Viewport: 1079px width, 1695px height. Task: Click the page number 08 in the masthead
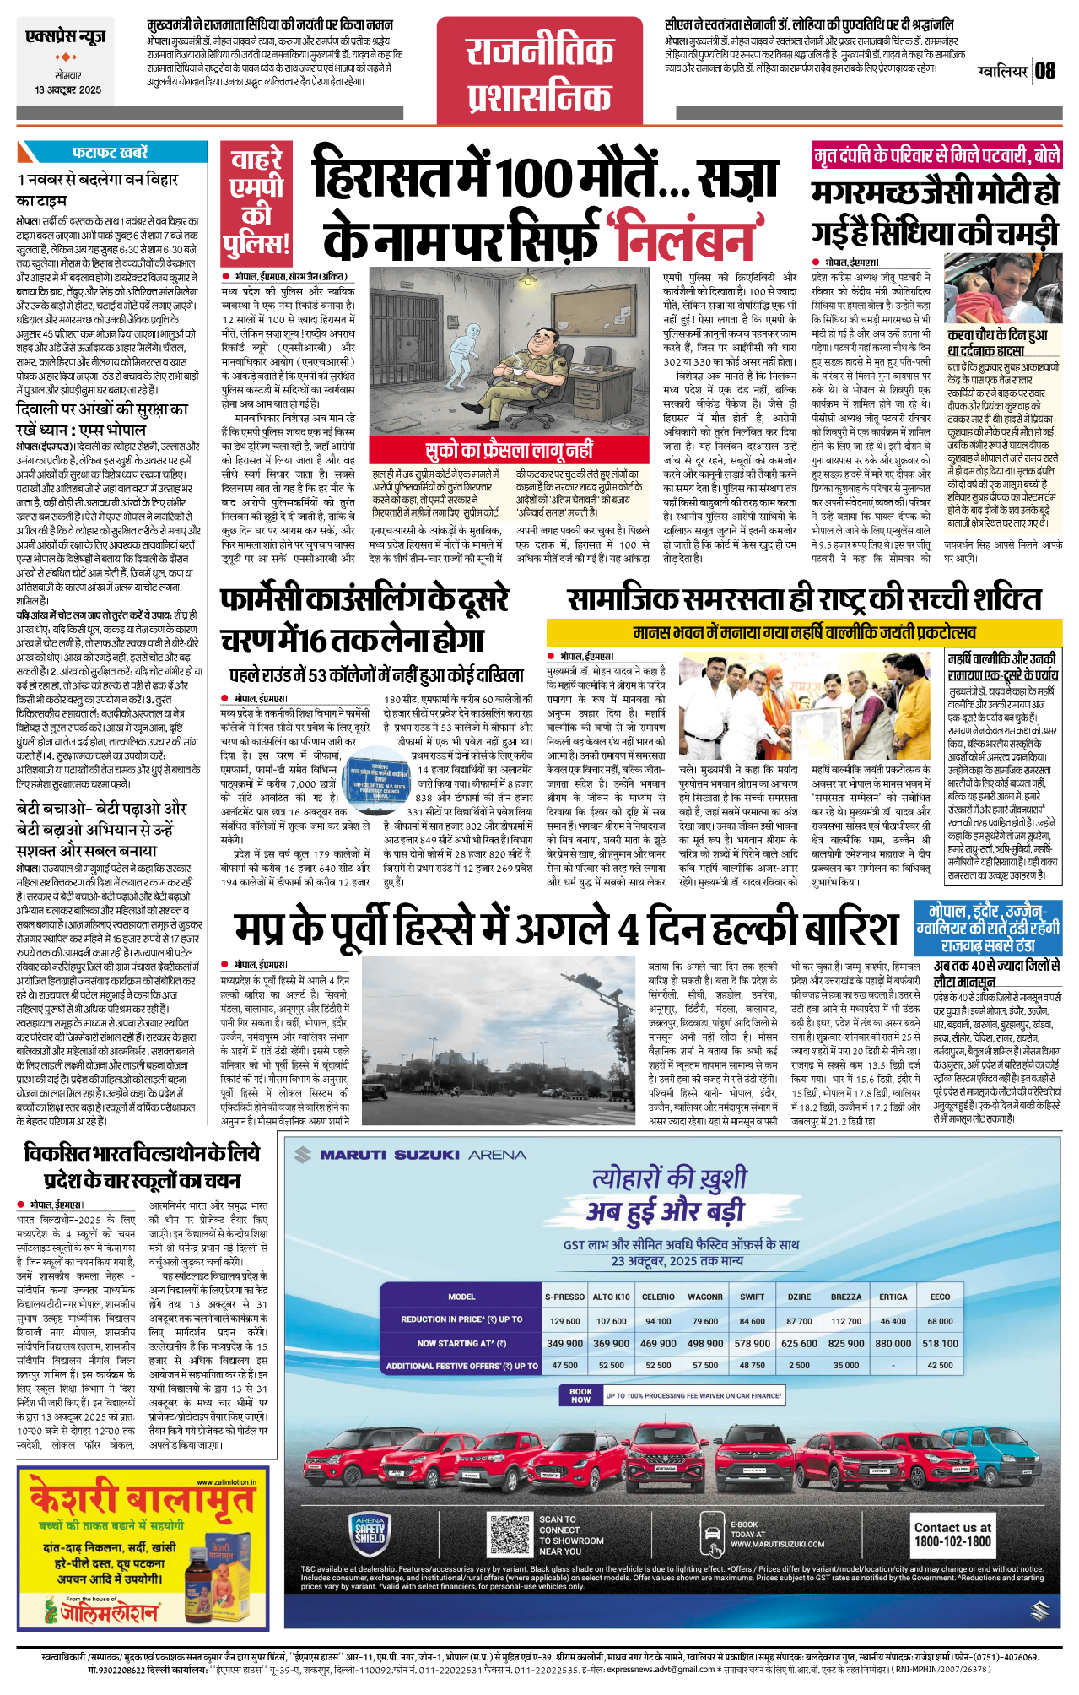(1045, 71)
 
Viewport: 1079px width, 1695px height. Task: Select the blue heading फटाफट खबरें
(110, 153)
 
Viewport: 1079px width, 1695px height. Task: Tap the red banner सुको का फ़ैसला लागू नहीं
(509, 450)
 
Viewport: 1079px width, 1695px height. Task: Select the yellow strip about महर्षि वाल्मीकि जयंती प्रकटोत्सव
(803, 632)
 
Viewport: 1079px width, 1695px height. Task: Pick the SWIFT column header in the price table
(752, 1297)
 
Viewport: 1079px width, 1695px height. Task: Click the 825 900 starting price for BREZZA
(845, 1343)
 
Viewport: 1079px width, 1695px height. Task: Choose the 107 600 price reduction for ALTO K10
(611, 1321)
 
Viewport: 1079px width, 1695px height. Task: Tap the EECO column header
(940, 1297)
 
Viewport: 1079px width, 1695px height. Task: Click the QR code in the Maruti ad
(510, 1536)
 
